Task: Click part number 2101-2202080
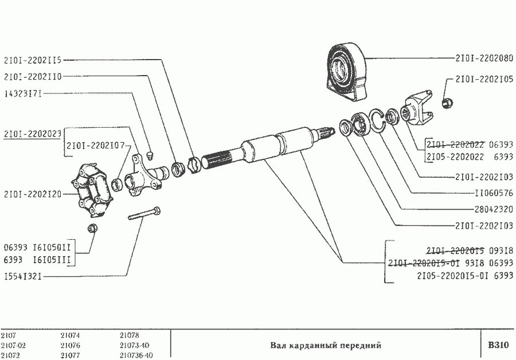(x=484, y=58)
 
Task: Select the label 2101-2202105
(x=484, y=80)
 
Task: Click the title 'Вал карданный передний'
(x=325, y=346)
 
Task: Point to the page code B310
(x=498, y=345)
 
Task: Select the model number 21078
(x=130, y=335)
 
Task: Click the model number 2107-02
(x=13, y=346)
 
